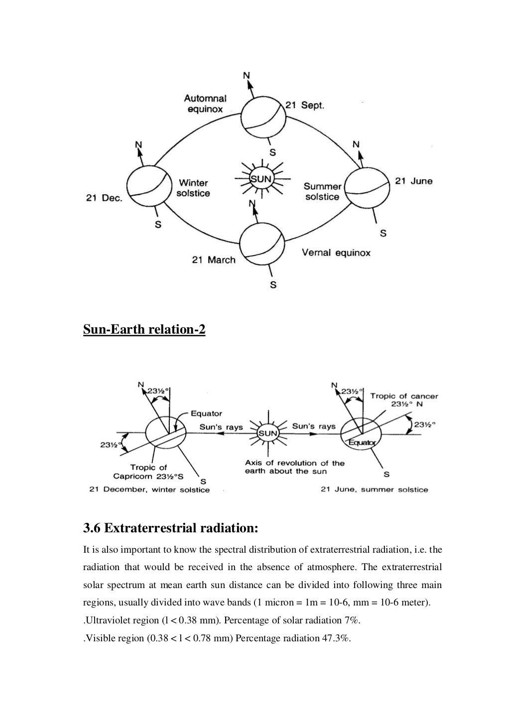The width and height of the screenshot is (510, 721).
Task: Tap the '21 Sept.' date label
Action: coord(304,106)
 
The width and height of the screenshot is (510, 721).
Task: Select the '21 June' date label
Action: coord(414,181)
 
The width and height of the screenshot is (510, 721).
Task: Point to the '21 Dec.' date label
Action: coord(104,198)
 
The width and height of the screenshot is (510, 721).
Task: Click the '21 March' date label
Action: coord(214,260)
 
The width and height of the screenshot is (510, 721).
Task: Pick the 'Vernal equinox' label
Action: coord(336,253)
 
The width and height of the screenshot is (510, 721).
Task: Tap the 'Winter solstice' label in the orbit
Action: coord(193,188)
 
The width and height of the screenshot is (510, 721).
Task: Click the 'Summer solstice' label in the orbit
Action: coord(322,192)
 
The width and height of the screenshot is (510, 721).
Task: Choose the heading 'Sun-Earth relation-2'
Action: coord(144,330)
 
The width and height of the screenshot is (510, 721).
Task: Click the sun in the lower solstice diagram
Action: coord(267,433)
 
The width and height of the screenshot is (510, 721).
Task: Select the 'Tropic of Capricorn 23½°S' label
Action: coord(149,472)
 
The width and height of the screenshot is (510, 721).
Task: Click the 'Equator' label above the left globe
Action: coord(206,413)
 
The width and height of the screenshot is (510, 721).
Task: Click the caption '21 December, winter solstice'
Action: coord(149,489)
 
